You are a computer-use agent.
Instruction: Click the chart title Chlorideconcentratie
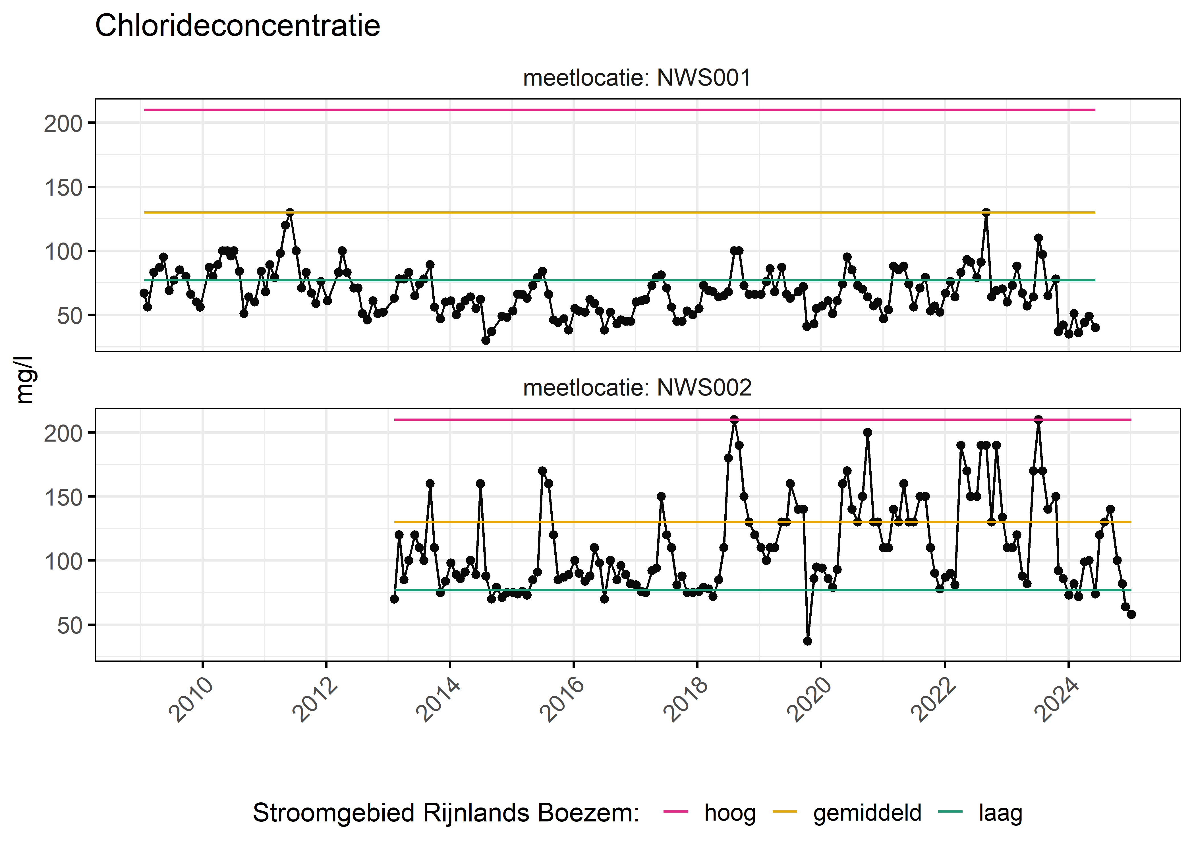(x=237, y=26)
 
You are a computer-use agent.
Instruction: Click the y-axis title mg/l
(x=24, y=380)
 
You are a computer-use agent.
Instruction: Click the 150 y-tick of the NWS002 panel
(x=63, y=497)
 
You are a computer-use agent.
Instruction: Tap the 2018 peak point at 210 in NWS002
(x=734, y=420)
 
